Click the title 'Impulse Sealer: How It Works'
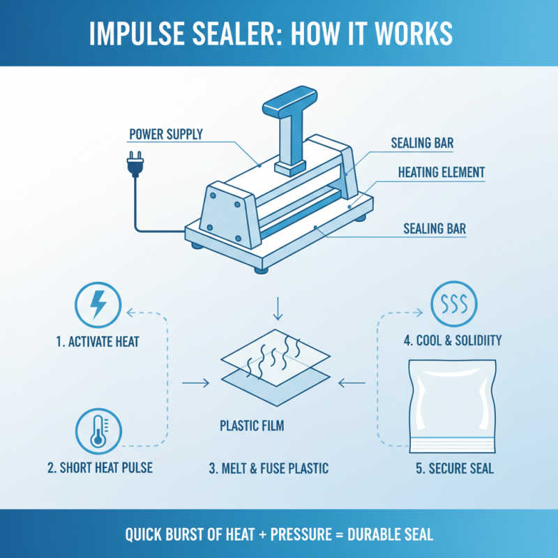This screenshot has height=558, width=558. coord(279,33)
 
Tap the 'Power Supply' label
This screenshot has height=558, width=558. coord(165,134)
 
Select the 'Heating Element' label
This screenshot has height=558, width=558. coord(441,171)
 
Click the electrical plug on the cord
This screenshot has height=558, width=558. coord(133,165)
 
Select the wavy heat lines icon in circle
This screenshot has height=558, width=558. coord(454,306)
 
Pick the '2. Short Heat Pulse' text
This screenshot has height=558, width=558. coord(100,468)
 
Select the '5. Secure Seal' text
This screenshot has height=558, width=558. coord(455,468)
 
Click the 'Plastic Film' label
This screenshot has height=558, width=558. coord(252,425)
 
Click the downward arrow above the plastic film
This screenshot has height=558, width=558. coord(278,306)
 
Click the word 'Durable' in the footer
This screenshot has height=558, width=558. coord(363,535)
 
